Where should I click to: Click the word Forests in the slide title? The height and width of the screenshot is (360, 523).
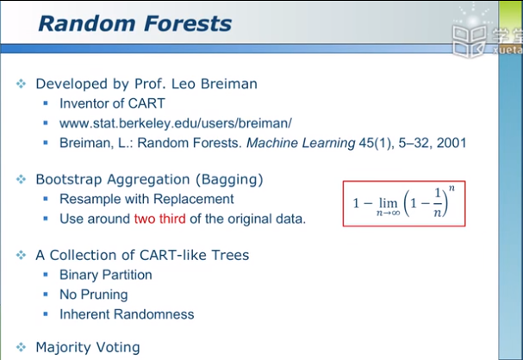(188, 23)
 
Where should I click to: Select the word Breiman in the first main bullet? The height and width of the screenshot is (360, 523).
(229, 84)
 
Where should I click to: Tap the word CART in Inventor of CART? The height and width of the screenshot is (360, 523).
(146, 103)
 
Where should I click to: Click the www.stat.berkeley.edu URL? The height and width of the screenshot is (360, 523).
(176, 123)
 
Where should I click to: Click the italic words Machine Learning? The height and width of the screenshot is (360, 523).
(301, 143)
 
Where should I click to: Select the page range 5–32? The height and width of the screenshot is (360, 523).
(414, 143)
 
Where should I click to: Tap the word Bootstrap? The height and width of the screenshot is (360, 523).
(69, 179)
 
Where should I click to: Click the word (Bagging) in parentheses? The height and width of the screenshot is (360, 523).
(229, 179)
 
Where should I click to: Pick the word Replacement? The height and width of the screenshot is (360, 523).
(194, 199)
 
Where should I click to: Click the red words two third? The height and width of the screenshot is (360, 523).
(159, 219)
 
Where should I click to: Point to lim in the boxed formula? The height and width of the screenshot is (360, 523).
(389, 202)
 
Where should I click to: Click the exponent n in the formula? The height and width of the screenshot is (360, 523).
(451, 189)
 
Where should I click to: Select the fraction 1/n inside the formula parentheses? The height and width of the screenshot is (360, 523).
(438, 202)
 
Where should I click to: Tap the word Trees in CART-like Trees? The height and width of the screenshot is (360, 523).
(230, 255)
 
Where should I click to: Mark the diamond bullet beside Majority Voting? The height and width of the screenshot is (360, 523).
(21, 347)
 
